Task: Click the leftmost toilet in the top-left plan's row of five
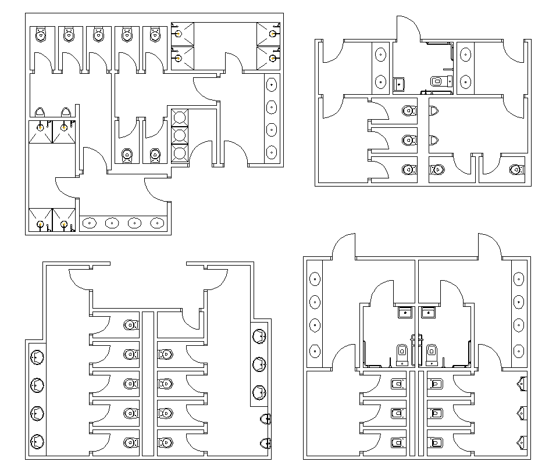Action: [x=40, y=35]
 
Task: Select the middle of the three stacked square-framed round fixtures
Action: [x=180, y=135]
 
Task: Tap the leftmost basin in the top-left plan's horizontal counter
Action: [x=90, y=223]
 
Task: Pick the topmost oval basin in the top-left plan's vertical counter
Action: [x=272, y=85]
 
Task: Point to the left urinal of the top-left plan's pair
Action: [x=40, y=112]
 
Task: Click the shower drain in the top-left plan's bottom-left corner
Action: [x=40, y=224]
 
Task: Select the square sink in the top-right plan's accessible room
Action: [x=400, y=84]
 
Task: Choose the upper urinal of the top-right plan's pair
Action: [x=434, y=109]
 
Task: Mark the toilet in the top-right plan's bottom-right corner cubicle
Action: [x=515, y=170]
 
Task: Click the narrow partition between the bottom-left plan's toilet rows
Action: [x=148, y=384]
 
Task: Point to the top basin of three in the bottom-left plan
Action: [x=259, y=336]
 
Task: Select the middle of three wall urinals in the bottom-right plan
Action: [x=522, y=413]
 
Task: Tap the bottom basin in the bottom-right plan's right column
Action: [x=518, y=351]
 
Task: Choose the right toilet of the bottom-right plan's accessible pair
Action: [x=432, y=352]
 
